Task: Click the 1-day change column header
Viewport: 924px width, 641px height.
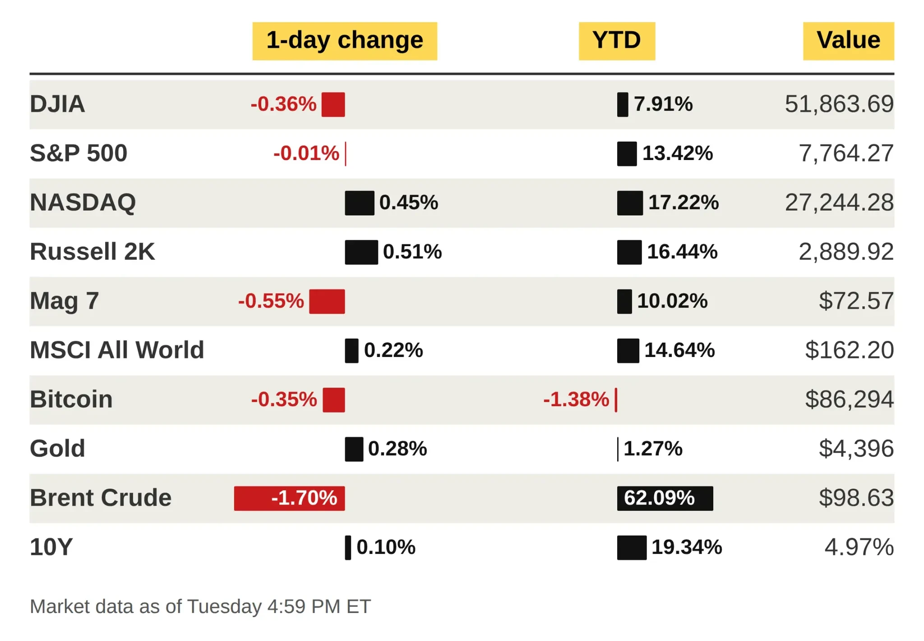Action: tap(345, 41)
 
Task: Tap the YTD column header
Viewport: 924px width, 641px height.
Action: tap(617, 41)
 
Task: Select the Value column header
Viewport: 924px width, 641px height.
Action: tap(848, 41)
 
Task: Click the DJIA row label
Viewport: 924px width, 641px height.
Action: tap(57, 104)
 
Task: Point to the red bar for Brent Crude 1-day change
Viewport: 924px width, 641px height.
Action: tap(289, 498)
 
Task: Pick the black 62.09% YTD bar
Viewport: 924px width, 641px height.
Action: tap(665, 498)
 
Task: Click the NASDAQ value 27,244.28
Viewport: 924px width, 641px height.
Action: tap(839, 202)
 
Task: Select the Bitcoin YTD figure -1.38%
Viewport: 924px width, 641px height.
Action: tap(576, 399)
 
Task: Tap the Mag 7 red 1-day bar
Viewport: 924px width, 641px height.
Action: tap(327, 301)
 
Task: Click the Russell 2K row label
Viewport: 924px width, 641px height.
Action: tap(92, 252)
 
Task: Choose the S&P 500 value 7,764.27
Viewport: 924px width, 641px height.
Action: tap(846, 153)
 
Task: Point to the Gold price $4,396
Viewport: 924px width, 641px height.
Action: tap(856, 449)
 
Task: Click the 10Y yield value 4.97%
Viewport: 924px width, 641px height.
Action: tap(859, 547)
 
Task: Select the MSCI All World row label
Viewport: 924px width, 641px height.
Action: tap(117, 350)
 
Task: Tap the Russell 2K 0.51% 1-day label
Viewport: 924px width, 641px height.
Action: tap(412, 252)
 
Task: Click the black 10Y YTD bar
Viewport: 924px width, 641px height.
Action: tap(632, 547)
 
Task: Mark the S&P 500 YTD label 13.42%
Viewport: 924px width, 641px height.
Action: tap(678, 153)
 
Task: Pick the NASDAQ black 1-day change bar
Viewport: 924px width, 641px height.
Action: tap(360, 203)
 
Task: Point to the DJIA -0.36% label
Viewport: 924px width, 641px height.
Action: tap(283, 104)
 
